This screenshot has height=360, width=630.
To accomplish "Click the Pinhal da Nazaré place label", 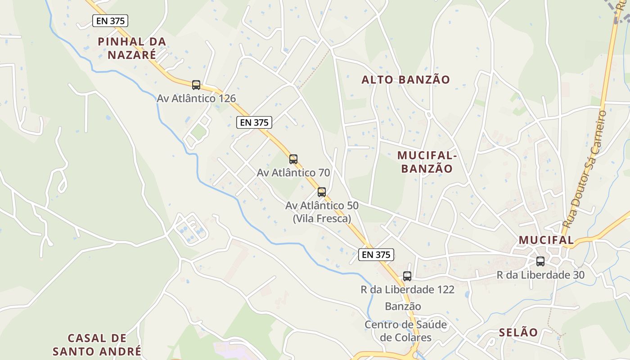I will click(132, 48).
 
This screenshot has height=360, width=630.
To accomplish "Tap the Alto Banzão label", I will click(405, 80).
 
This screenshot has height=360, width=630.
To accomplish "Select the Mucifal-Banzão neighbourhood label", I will click(427, 162).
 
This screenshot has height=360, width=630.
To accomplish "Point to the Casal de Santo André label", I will click(97, 344).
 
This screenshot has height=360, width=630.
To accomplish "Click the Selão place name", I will click(518, 333).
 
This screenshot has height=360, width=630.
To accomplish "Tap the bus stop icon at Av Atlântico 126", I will click(196, 85).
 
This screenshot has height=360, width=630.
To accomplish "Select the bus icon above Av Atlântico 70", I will click(293, 159).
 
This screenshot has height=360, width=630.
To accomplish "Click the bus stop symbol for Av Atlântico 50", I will click(322, 192).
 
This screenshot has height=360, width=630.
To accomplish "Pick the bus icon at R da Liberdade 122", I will click(407, 276).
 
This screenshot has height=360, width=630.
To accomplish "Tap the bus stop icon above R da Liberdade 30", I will click(540, 261).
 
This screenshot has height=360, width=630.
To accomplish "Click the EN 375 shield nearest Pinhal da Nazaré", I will click(110, 21).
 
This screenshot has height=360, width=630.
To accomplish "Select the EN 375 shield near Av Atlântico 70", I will click(254, 122).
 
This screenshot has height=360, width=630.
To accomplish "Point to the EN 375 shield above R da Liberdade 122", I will click(376, 255).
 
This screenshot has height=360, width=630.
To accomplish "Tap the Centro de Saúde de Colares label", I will click(405, 331).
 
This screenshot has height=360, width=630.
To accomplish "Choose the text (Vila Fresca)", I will click(322, 219).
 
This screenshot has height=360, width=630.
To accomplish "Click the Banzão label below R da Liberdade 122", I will click(403, 306).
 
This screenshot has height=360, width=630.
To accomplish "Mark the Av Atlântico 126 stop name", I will click(196, 98).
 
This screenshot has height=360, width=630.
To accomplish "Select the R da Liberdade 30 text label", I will click(540, 274).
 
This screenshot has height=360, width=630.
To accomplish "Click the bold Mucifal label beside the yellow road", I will click(546, 240).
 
